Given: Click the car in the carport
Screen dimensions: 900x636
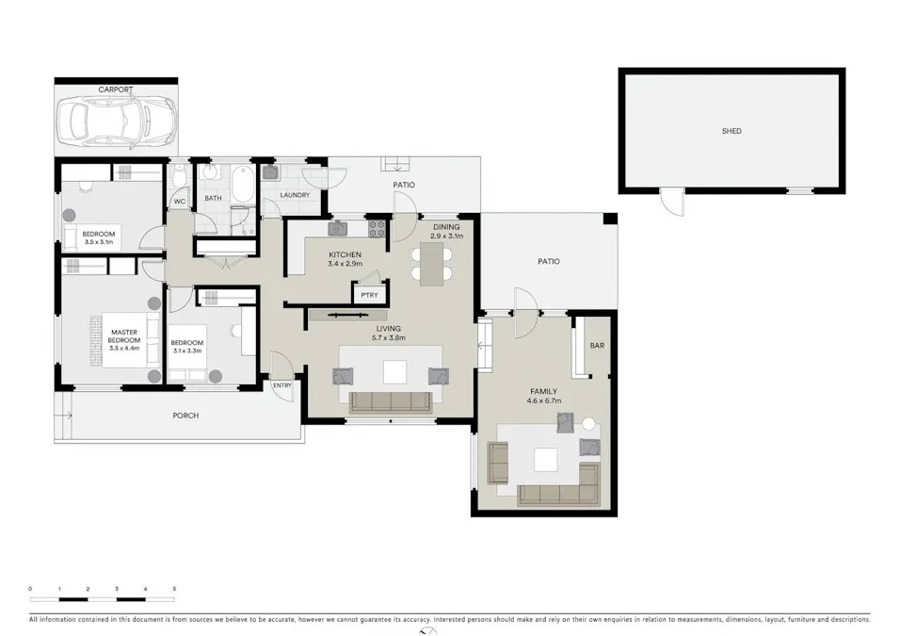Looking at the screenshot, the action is [116, 120].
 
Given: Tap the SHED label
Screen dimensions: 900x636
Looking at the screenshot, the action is [731, 131].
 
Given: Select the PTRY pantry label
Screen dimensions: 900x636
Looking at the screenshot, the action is [370, 295].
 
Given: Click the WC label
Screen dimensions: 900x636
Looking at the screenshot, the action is [180, 202].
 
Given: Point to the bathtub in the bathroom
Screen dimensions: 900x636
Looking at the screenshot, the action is [244, 184].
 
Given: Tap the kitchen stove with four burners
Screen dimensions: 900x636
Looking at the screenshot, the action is [377, 229].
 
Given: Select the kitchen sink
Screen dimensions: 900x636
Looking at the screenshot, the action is [337, 229].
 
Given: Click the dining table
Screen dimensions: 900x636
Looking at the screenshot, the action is [431, 264].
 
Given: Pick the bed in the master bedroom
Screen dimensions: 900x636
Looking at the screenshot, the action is [131, 339].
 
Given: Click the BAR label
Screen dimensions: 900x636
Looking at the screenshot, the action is [597, 345].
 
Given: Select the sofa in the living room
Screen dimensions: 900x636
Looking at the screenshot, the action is [391, 402].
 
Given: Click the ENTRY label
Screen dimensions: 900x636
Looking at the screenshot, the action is [281, 385].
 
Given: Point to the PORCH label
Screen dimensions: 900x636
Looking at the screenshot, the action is [185, 416].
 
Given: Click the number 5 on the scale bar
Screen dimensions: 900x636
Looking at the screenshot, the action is [174, 589].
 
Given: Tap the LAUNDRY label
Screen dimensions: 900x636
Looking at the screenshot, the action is [295, 195].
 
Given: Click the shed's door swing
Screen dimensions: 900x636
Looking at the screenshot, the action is [672, 203].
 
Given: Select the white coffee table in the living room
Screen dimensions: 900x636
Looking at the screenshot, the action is [394, 372].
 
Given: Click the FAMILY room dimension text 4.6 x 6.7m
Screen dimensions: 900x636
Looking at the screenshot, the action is [543, 401].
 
